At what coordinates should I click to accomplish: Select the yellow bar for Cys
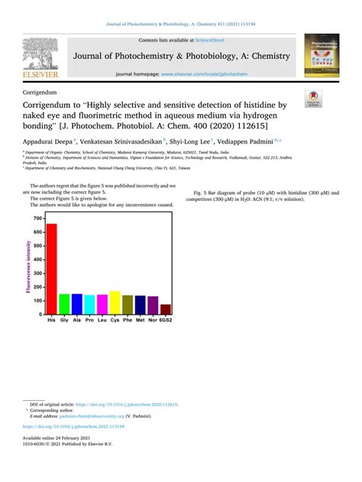(x=115, y=303)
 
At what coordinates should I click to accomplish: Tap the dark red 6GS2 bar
(x=165, y=309)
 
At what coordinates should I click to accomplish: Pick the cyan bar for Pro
(x=89, y=305)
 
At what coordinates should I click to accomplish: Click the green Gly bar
(x=64, y=305)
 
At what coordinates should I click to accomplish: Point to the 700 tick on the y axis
(x=38, y=218)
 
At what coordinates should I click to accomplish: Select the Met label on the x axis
(x=140, y=322)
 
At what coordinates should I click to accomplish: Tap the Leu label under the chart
(x=102, y=322)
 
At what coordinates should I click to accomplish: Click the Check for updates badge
(x=313, y=99)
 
